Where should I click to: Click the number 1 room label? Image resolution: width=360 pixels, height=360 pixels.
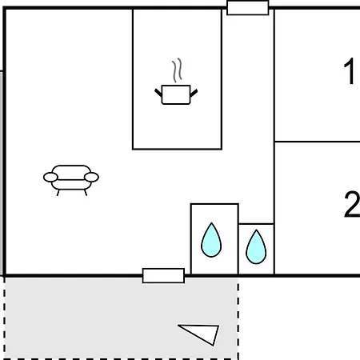pyautogui.click(x=349, y=71)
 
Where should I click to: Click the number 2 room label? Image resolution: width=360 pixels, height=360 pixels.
pyautogui.click(x=352, y=204)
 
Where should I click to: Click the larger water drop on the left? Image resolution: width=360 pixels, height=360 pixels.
pyautogui.click(x=211, y=240)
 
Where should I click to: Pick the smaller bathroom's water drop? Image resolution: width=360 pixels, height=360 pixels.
pyautogui.click(x=256, y=247)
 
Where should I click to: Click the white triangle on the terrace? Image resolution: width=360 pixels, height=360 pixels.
pyautogui.click(x=202, y=334)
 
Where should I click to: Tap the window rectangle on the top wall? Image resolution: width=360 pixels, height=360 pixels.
pyautogui.click(x=248, y=8)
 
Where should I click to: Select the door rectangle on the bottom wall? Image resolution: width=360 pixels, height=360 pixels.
pyautogui.click(x=163, y=276)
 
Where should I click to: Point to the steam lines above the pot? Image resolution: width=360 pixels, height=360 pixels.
pyautogui.click(x=177, y=70)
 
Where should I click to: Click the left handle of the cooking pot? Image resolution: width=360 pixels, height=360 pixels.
pyautogui.click(x=158, y=93)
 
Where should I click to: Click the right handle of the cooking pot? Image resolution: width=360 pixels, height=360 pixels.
pyautogui.click(x=194, y=93)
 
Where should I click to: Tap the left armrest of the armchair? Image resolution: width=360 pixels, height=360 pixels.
pyautogui.click(x=50, y=177)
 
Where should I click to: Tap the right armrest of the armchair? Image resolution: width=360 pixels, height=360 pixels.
pyautogui.click(x=91, y=177)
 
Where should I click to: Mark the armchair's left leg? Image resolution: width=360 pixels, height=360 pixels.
pyautogui.click(x=58, y=193)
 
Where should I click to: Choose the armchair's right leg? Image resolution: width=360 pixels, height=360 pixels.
pyautogui.click(x=86, y=193)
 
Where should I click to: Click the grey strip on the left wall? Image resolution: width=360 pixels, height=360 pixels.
pyautogui.click(x=2, y=173)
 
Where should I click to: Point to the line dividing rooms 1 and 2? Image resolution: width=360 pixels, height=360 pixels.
pyautogui.click(x=317, y=142)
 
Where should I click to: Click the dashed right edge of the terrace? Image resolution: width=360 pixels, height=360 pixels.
pyautogui.click(x=238, y=318)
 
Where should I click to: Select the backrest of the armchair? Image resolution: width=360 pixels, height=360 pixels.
pyautogui.click(x=71, y=172)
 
